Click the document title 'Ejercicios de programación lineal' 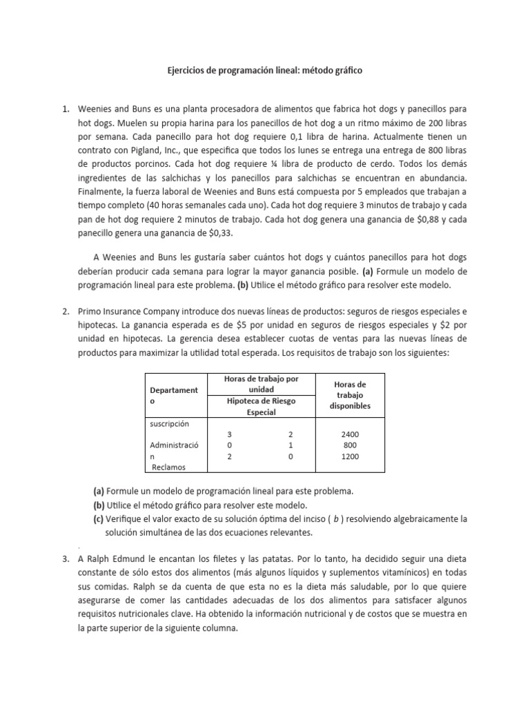[265, 70]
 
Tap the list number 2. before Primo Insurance [66, 312]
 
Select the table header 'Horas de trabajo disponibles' [351, 395]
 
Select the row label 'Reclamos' [170, 467]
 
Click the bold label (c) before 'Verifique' [99, 518]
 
